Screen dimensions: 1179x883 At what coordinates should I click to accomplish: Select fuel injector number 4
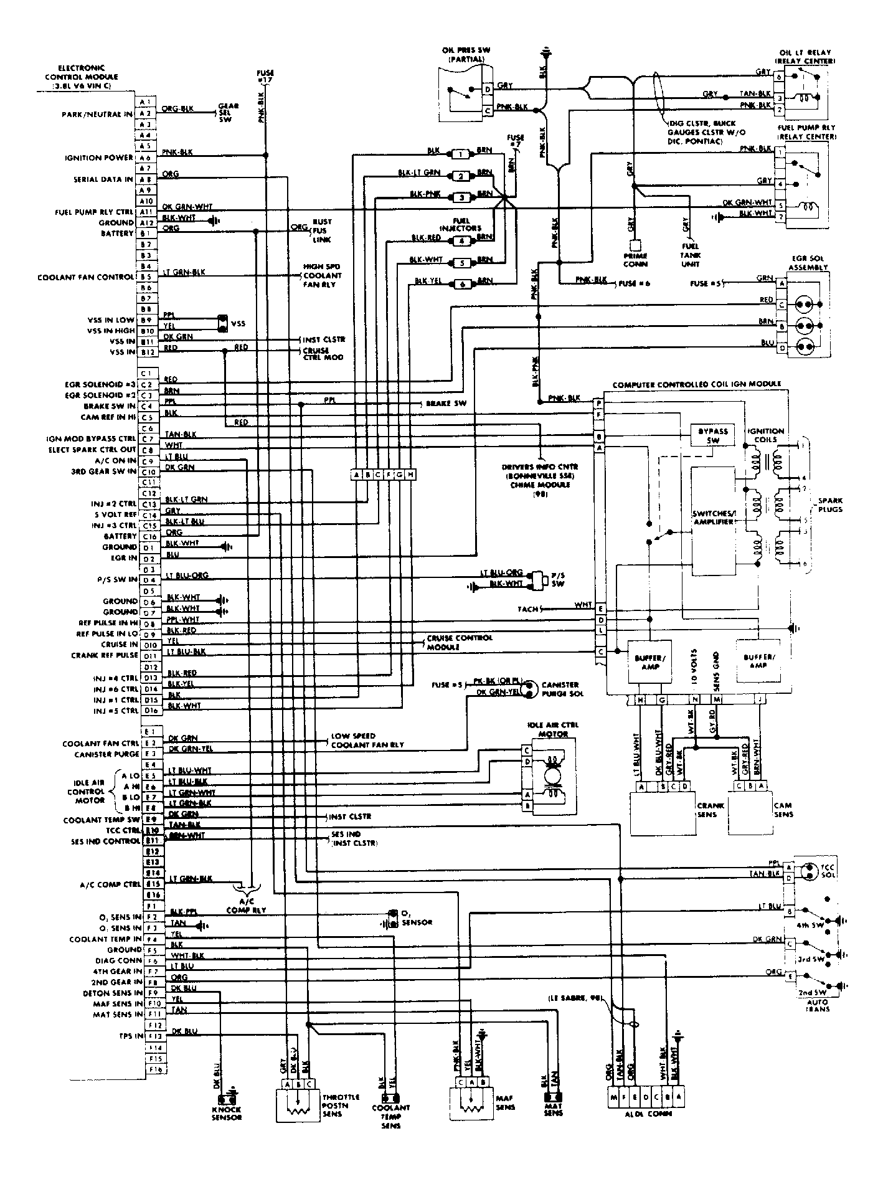[x=461, y=240]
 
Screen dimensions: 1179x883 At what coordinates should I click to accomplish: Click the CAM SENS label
[x=783, y=810]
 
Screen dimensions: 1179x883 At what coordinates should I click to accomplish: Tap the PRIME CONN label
[x=635, y=260]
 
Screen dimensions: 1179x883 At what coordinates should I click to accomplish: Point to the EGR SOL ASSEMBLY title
[x=808, y=263]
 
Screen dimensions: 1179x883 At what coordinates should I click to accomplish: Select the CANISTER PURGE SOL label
[x=561, y=689]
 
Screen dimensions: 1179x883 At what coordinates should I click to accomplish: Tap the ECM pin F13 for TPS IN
[x=154, y=1036]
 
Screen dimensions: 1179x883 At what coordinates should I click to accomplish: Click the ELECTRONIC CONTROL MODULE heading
[x=81, y=77]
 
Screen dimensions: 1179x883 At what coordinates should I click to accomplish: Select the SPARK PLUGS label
[x=831, y=505]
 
